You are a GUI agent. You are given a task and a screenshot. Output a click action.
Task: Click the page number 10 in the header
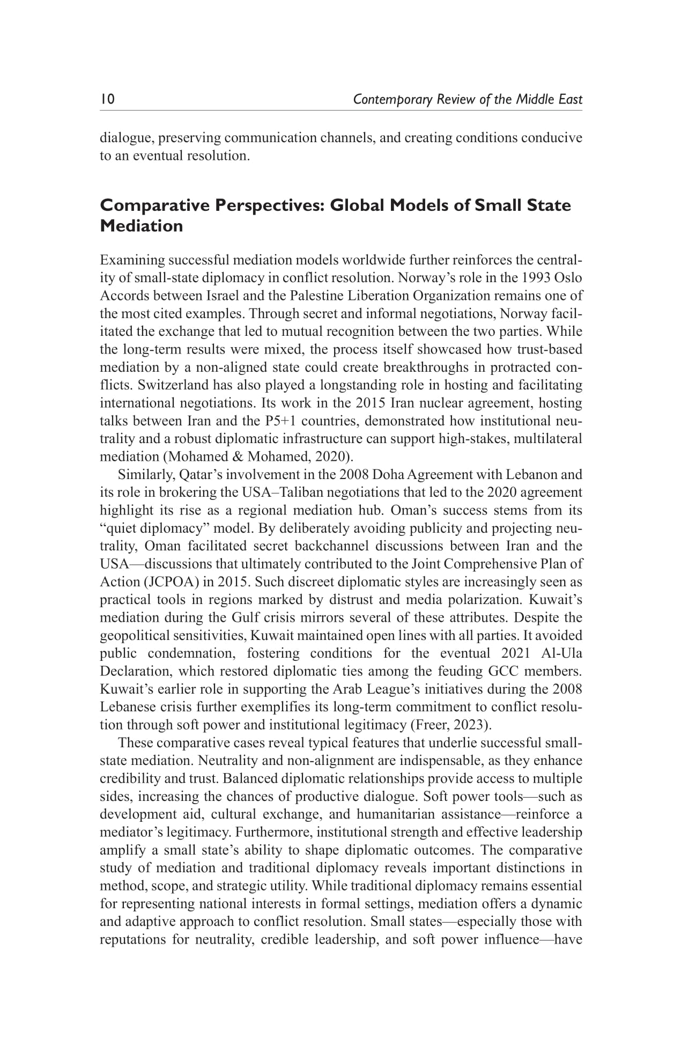(x=107, y=99)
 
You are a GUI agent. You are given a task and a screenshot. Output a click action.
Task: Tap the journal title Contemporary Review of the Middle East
(x=468, y=100)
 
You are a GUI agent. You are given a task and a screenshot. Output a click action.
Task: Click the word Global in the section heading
(x=359, y=205)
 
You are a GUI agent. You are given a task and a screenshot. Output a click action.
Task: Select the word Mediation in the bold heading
(x=142, y=226)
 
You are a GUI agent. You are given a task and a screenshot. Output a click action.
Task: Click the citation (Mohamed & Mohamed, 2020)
(x=260, y=457)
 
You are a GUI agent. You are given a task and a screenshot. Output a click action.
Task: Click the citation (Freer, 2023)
(x=450, y=725)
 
